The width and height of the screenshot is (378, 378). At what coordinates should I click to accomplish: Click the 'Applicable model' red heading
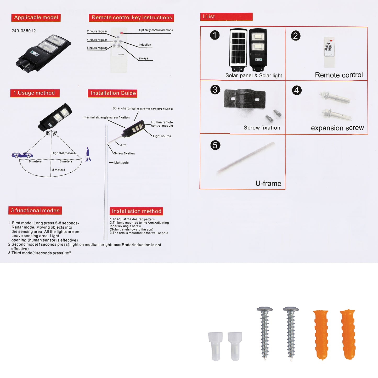[36, 18]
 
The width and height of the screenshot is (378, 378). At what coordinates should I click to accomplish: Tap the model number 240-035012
[24, 31]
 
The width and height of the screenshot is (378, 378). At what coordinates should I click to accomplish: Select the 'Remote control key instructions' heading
[131, 18]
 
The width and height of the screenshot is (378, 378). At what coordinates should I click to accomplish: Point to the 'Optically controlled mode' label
[156, 30]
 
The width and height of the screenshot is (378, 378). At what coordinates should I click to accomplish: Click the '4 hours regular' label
[97, 40]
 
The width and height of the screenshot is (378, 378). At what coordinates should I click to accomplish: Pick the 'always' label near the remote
[143, 58]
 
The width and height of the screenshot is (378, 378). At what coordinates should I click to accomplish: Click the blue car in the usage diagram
[22, 155]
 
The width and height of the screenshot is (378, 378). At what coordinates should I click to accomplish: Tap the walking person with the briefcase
[88, 155]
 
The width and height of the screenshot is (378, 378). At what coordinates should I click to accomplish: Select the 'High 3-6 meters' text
[63, 153]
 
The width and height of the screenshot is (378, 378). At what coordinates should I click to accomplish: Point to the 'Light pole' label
[121, 163]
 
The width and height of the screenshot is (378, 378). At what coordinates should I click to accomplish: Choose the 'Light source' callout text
[162, 136]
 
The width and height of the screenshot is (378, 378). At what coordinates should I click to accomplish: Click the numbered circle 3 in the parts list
[215, 90]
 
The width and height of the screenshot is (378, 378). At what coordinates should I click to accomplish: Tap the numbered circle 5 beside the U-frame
[215, 145]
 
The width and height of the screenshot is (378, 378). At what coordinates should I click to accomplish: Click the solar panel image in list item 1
[238, 50]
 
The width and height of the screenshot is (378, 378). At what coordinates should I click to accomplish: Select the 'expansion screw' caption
[337, 128]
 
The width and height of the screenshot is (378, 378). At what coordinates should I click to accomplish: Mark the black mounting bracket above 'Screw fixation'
[245, 99]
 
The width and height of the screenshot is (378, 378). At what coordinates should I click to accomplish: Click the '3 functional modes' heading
[35, 211]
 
